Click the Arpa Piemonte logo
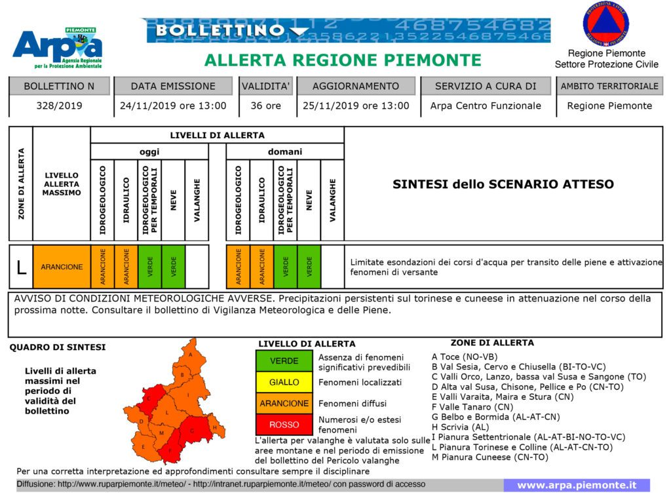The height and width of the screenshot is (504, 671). pos(58,48)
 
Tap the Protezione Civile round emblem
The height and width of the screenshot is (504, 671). pos(605,24)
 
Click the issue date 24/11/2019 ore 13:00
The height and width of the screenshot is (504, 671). pos(173,106)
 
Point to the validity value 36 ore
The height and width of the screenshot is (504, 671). pos(265,106)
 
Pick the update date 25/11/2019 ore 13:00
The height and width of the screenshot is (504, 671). pos(356,106)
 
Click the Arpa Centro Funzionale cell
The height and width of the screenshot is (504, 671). pos(486,106)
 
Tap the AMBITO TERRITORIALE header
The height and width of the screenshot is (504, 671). pos(609,86)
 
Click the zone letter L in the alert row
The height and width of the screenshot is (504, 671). pos(21,267)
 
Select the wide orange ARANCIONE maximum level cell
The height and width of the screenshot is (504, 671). pos(62,267)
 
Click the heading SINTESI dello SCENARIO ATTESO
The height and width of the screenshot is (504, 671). pos(503,184)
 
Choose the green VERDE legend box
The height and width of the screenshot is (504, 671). pos(284,361)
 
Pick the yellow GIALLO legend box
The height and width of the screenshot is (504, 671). pos(284,382)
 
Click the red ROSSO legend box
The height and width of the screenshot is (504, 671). pos(284,425)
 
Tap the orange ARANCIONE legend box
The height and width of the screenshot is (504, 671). pos(284,403)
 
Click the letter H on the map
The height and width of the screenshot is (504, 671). pos(214,427)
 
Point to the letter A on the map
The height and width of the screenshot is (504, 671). pos(190,355)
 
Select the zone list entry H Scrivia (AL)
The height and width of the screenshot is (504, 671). pos(461,426)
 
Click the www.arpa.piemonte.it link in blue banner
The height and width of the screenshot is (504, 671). pos(577,485)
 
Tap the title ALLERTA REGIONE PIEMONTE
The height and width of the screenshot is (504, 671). pos(343,61)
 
